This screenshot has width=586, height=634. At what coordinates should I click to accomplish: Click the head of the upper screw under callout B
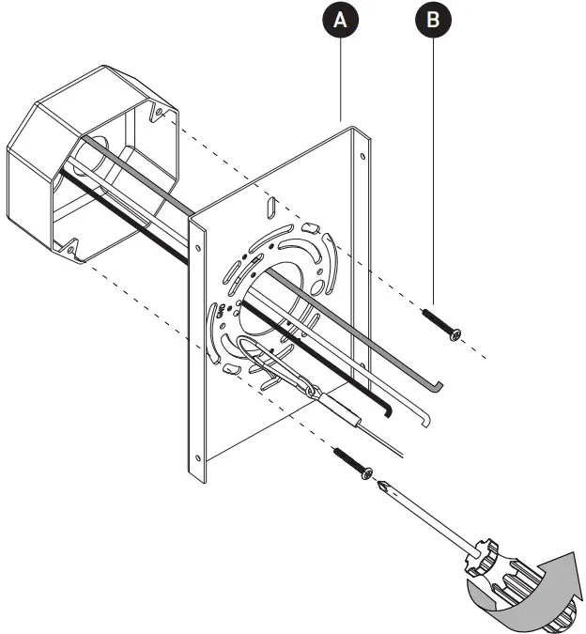click(x=456, y=335)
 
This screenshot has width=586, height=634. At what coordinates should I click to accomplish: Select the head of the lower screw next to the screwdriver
click(x=368, y=472)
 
